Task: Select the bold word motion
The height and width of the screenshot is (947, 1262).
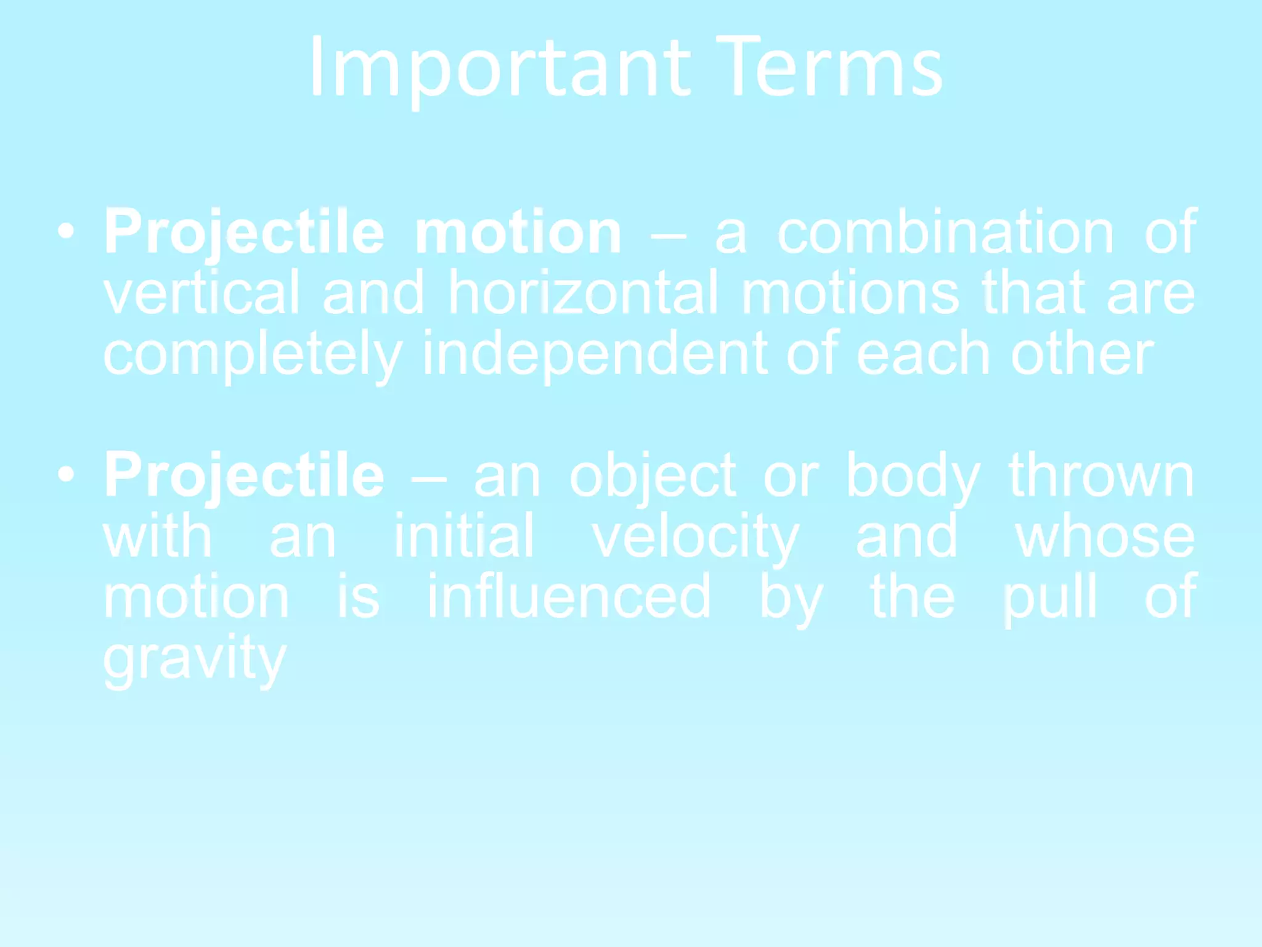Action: (x=518, y=232)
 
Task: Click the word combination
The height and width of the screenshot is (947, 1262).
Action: (x=945, y=232)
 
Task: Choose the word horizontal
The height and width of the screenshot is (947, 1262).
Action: (x=583, y=293)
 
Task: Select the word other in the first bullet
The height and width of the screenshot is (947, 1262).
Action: (x=1082, y=355)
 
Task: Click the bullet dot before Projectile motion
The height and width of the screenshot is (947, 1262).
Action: (x=66, y=231)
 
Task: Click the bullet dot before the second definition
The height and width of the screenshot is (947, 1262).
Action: (x=66, y=474)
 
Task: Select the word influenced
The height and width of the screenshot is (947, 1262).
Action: (x=569, y=597)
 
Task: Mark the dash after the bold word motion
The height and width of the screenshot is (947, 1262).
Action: (x=668, y=235)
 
